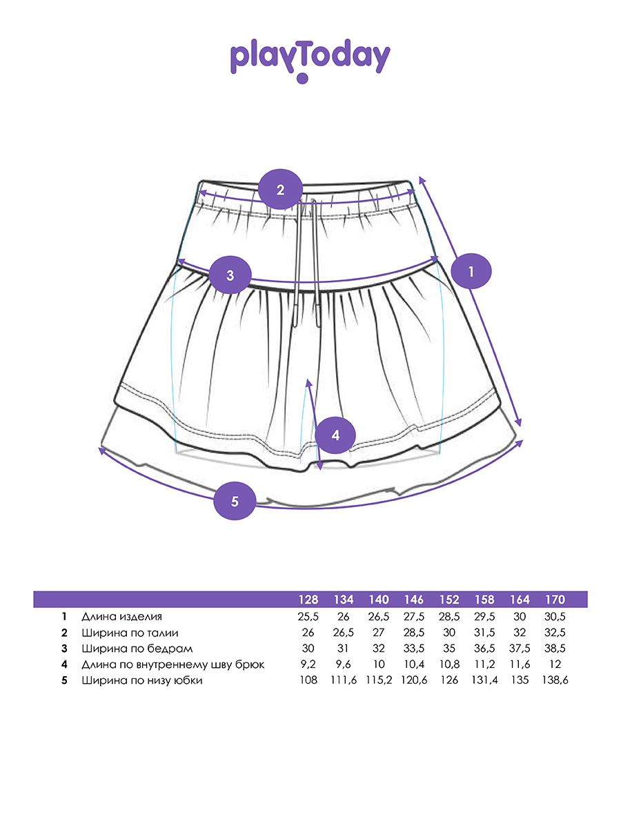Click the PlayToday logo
coord(310,59)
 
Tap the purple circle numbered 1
coord(471,271)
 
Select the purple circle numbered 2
coord(280,189)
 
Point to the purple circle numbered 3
coord(230,275)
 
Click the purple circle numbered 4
coord(335,435)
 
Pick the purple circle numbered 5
coord(235,501)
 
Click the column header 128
coord(308,600)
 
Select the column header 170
coord(555,600)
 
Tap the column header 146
coord(414,600)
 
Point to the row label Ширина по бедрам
coord(127,649)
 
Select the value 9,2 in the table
coord(308,664)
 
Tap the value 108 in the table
coord(308,681)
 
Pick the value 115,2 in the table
coord(379,681)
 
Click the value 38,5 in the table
coord(555,649)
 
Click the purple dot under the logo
coord(302,79)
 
